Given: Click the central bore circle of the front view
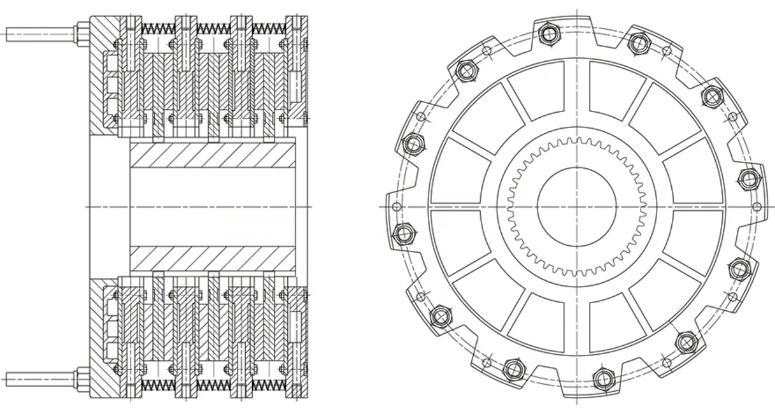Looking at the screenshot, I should pyautogui.click(x=576, y=206).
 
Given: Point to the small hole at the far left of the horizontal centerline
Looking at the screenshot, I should pyautogui.click(x=396, y=207).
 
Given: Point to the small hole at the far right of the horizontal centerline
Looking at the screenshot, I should pyautogui.click(x=757, y=207).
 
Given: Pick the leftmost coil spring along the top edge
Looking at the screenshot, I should pyautogui.click(x=158, y=29).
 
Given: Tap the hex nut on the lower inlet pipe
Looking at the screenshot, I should pyautogui.click(x=83, y=379).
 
